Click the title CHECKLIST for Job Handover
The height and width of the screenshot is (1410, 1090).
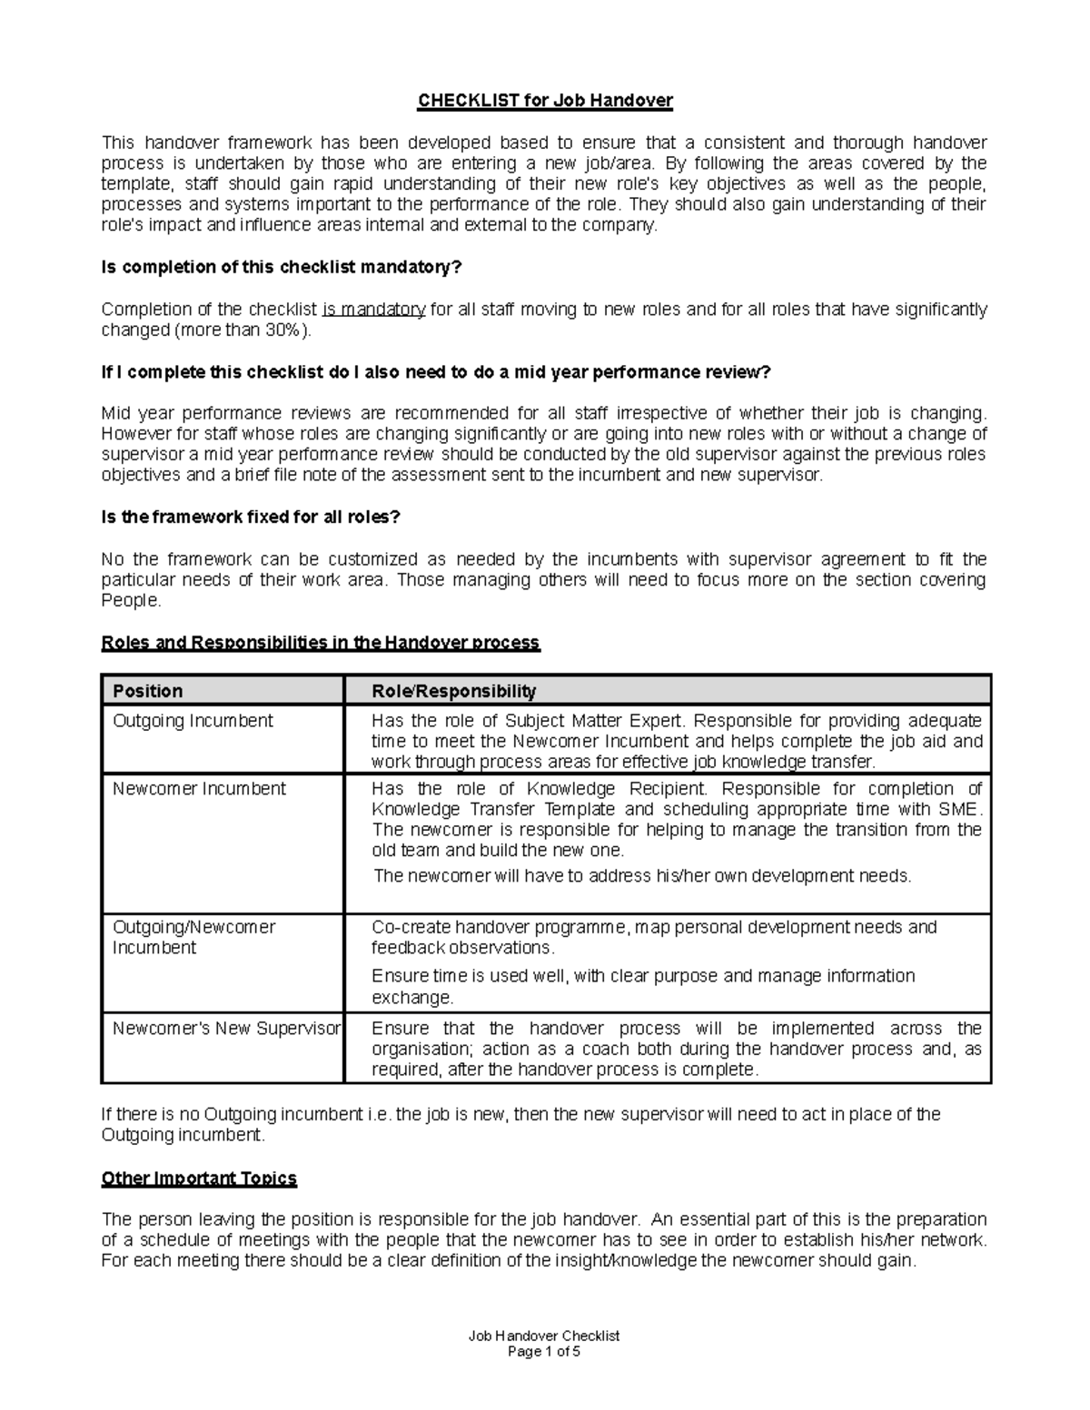544,100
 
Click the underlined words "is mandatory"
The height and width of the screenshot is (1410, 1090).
373,310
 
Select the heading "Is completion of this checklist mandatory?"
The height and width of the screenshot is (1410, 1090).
282,268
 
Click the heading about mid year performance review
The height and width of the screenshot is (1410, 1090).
435,372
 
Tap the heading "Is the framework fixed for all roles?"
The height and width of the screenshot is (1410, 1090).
250,518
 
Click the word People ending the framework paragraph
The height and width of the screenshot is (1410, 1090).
130,601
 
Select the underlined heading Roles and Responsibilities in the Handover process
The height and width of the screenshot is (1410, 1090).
320,643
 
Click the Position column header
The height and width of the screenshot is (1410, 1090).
147,691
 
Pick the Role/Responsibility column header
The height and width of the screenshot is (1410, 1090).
453,691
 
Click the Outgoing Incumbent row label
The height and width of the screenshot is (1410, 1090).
193,721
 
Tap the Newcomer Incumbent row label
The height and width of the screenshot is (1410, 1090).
199,789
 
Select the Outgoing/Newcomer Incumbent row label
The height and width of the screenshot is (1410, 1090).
193,937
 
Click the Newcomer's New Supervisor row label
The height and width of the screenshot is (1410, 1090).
226,1029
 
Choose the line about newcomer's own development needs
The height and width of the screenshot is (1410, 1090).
641,876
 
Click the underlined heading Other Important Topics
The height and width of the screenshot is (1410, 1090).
199,1178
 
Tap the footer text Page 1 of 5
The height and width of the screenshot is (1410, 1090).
543,1351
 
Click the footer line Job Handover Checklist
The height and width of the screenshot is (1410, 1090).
543,1336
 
